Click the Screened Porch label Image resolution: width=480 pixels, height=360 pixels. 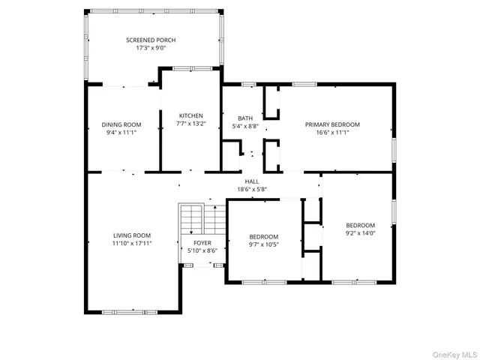151,40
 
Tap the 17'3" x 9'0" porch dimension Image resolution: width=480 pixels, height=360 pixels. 151,49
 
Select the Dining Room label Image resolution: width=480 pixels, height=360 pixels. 121,124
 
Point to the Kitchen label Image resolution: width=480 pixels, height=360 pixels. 190,115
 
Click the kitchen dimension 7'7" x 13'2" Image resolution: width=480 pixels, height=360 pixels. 190,124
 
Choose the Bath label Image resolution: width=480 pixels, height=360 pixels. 245,118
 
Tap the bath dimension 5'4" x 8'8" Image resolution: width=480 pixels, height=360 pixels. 245,127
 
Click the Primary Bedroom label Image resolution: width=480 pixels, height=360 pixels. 332,124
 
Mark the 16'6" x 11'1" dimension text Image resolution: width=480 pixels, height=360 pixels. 332,133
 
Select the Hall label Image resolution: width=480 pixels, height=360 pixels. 253,181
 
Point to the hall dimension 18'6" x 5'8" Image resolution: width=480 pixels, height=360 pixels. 253,190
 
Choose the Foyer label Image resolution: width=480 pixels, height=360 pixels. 202,243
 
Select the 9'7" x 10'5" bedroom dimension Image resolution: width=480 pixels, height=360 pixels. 263,244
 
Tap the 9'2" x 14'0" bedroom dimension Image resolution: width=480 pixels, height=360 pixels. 360,233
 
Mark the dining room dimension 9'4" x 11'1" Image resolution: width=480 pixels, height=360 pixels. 121,133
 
